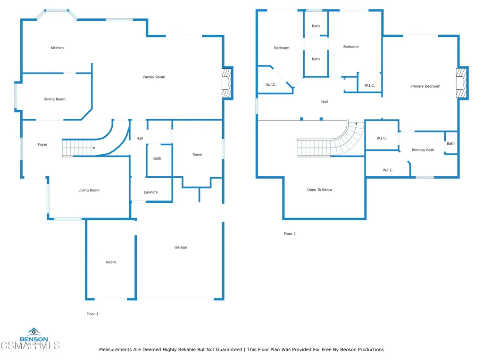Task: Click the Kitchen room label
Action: tap(57, 48)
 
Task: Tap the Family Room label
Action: tap(154, 77)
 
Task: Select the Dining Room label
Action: tap(54, 99)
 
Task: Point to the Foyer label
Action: tap(42, 144)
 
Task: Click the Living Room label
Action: tap(89, 190)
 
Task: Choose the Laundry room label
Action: tap(151, 192)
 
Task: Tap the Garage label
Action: tap(181, 247)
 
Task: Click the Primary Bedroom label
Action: tap(425, 86)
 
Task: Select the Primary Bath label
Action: tap(423, 150)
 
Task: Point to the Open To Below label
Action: tap(319, 189)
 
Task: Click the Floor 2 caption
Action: tap(290, 233)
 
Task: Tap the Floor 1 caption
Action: tap(92, 313)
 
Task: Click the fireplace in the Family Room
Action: tap(227, 83)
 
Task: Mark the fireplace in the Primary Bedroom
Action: tap(461, 83)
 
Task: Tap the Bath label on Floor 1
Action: tap(157, 158)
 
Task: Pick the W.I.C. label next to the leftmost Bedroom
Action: tap(271, 84)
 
